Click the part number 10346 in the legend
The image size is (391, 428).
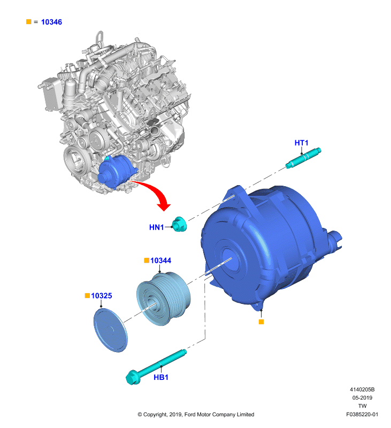click(51, 22)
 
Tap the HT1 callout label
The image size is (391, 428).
click(301, 143)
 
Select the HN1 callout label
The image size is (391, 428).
click(156, 227)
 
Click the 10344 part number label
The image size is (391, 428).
click(160, 261)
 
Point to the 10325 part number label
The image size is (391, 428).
click(102, 296)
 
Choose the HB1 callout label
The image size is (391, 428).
click(161, 377)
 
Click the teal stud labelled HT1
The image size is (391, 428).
click(303, 157)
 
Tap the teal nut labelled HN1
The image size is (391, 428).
click(180, 224)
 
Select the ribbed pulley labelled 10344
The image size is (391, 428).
click(163, 299)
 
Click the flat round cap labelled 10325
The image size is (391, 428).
click(111, 330)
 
